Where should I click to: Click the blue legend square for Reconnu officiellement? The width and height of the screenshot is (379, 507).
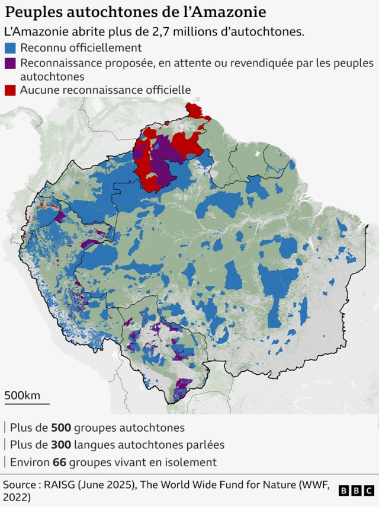point(10,48)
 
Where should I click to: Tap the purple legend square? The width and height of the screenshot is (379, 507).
point(10,63)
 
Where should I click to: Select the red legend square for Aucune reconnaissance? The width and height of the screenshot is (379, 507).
point(10,90)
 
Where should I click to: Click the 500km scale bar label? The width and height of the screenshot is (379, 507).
point(23,395)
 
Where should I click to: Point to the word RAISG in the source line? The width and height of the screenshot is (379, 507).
point(60,484)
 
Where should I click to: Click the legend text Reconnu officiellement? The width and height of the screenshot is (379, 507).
point(81,48)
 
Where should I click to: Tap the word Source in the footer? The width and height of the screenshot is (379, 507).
point(19,484)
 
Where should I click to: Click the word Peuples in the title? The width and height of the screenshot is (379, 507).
point(29,12)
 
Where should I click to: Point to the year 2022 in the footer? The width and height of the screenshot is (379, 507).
point(17,498)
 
